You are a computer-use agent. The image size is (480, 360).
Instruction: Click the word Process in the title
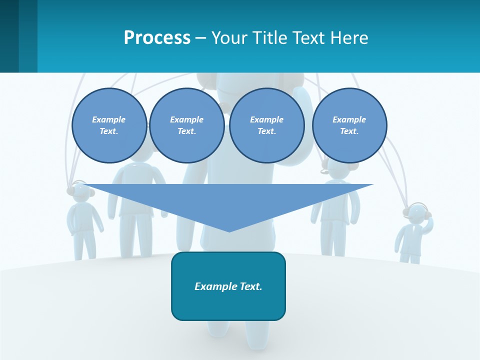(x=157, y=38)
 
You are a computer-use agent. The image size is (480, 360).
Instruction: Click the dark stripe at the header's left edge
(x=9, y=36)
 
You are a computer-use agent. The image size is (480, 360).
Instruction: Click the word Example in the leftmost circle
(x=109, y=119)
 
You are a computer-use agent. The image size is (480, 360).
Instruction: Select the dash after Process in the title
(x=201, y=38)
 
